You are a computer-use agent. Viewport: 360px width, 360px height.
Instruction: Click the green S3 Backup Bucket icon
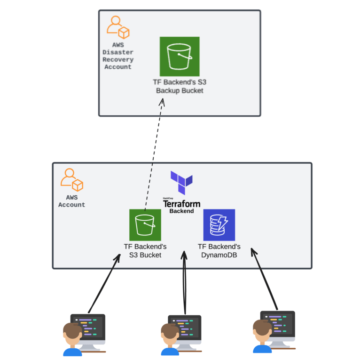(180, 56)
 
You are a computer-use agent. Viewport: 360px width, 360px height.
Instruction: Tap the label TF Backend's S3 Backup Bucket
(180, 86)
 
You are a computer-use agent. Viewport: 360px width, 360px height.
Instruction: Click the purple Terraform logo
(181, 183)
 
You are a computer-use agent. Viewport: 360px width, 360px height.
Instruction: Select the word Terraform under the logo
(181, 204)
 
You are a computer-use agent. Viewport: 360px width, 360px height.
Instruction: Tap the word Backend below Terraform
(181, 211)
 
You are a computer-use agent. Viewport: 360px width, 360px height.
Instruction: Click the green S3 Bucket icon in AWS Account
(145, 225)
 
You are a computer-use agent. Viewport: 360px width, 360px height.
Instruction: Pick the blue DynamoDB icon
(219, 225)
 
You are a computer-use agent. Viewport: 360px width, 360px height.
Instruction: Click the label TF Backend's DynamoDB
(219, 251)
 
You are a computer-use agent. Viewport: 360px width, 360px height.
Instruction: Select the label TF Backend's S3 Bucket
(145, 251)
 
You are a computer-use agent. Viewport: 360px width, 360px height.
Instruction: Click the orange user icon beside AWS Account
(72, 180)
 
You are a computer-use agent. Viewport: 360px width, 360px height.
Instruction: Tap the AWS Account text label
(72, 201)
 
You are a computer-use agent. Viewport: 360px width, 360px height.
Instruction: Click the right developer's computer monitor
(279, 323)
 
